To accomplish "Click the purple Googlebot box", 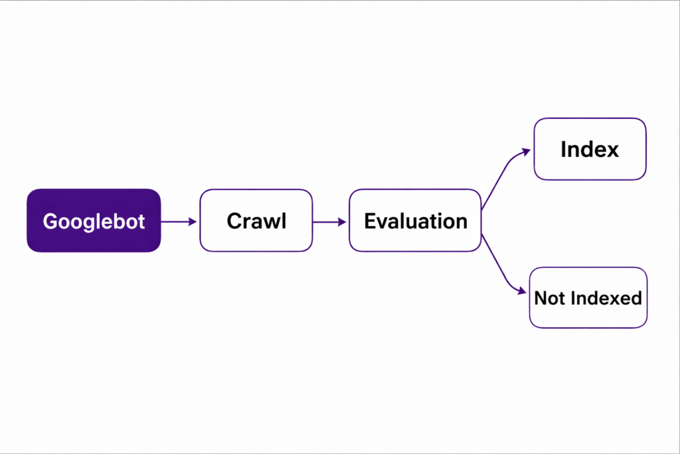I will click(94, 221).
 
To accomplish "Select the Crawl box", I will click(256, 221).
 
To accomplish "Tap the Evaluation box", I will click(415, 221).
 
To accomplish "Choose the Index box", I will click(590, 149).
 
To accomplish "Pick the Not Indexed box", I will click(588, 297).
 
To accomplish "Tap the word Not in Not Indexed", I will click(549, 298).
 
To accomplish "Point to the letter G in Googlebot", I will click(50, 221).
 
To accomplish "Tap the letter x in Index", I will click(611, 150).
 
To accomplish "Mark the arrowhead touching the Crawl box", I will click(193, 221).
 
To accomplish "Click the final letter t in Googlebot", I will click(141, 221).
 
